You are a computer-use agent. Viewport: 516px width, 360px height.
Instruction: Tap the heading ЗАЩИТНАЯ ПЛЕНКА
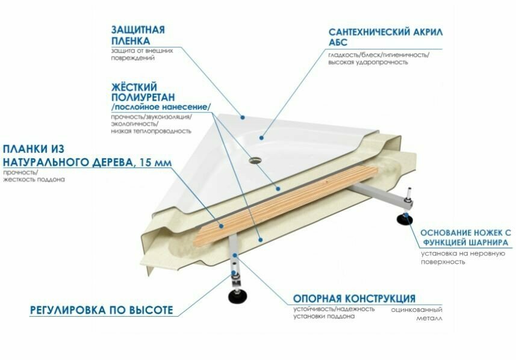[138, 35]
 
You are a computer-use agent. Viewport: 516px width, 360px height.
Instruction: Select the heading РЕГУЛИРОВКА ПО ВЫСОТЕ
[101, 311]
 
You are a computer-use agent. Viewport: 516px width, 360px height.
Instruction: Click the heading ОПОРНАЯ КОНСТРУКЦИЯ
[354, 299]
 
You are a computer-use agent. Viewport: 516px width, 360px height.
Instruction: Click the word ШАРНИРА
[486, 243]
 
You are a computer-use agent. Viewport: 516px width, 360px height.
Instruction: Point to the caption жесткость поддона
[34, 180]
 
